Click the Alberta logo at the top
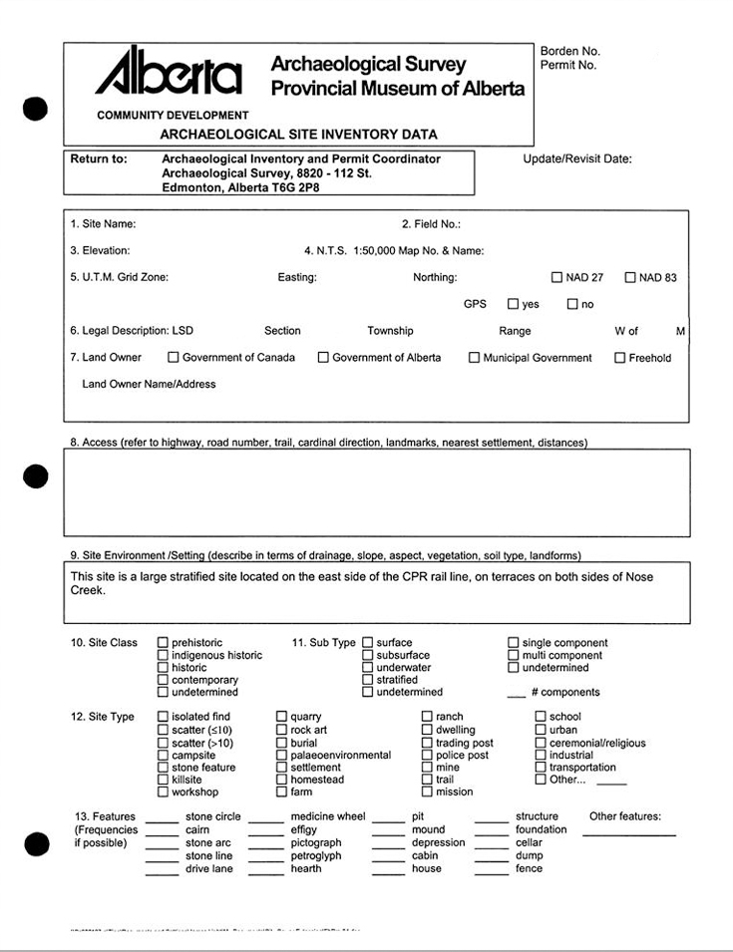(x=168, y=72)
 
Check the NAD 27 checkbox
(x=557, y=277)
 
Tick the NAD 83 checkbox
(x=630, y=277)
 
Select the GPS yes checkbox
(x=513, y=304)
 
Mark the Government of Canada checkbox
(x=174, y=357)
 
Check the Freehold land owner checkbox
(x=619, y=357)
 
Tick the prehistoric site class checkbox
(x=163, y=643)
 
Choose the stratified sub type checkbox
(x=368, y=680)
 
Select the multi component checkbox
(x=514, y=655)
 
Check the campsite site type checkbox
(x=163, y=756)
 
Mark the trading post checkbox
(x=427, y=743)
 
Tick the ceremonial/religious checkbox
(x=541, y=743)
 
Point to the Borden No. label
(x=570, y=51)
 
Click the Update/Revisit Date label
(x=576, y=159)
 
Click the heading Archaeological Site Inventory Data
(x=298, y=134)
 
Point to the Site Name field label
(x=103, y=224)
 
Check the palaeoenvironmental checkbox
(x=282, y=756)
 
